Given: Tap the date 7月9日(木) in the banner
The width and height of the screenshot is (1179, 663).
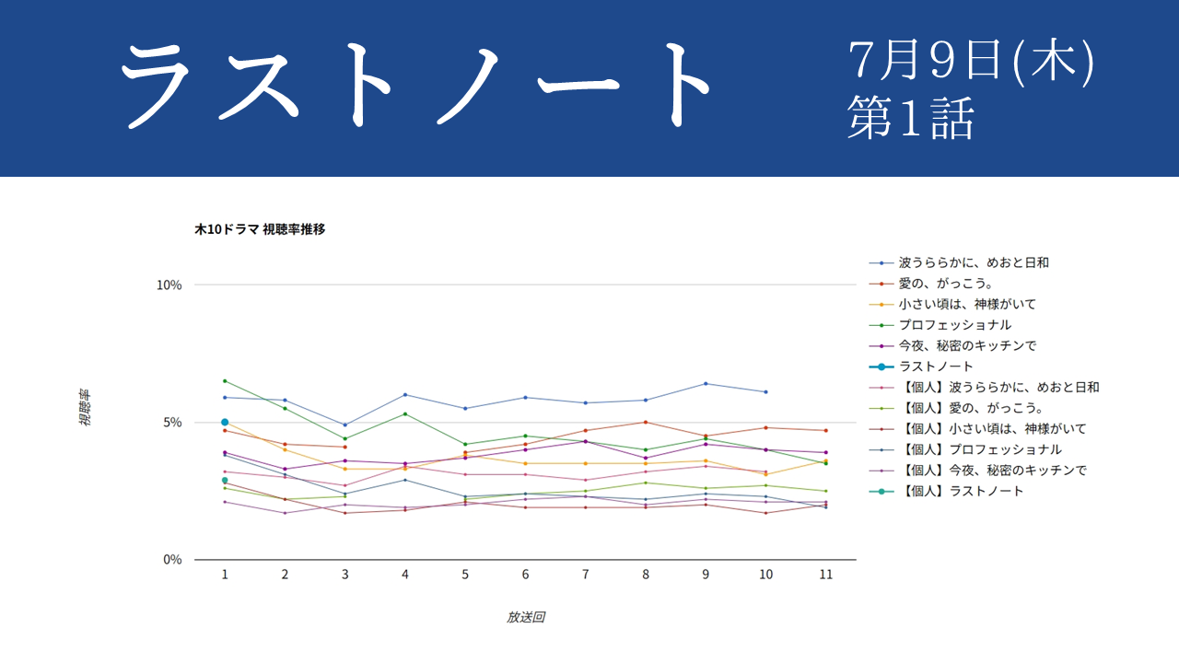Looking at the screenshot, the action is tap(971, 61).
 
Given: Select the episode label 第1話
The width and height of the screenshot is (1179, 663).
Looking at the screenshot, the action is tap(911, 118).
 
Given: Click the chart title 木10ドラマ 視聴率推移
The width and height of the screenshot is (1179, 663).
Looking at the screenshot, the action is tap(260, 229).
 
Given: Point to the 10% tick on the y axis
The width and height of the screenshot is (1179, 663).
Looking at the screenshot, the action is tap(169, 285).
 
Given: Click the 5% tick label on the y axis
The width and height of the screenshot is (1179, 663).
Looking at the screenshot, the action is tap(172, 423).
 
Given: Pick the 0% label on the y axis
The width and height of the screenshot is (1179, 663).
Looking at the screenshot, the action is tap(172, 559).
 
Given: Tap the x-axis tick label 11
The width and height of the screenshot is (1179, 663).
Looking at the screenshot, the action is tap(826, 575).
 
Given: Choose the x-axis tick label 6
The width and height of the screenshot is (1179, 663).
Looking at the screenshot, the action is tap(525, 575).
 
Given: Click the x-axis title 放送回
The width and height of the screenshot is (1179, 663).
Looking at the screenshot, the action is tap(525, 617).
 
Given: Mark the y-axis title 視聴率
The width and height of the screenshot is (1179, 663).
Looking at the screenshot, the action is tap(84, 407).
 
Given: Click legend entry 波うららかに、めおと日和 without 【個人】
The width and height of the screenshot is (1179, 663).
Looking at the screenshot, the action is tap(974, 262).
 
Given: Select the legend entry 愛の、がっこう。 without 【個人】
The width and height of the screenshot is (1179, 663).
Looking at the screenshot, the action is tap(946, 284).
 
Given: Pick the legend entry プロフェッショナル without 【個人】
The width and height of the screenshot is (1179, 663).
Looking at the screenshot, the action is tap(955, 325).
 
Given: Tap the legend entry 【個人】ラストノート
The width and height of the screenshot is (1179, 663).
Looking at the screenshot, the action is tap(961, 492).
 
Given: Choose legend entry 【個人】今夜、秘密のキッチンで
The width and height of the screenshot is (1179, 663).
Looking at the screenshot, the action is tap(993, 471).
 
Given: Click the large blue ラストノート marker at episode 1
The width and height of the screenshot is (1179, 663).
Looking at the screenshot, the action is tap(225, 423).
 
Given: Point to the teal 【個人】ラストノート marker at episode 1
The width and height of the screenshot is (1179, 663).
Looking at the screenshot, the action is tap(225, 481).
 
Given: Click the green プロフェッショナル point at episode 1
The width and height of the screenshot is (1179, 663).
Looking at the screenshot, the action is tap(225, 381).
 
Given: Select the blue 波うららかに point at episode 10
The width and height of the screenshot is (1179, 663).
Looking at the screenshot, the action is tap(765, 392).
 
